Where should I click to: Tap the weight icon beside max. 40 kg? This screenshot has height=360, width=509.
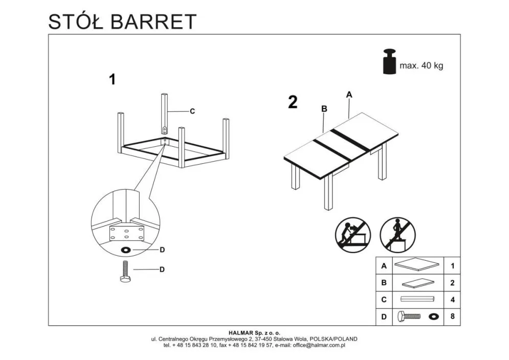coord(389,62)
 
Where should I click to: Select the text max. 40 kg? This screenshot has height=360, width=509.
coord(421,66)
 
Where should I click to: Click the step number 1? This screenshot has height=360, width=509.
coord(112,79)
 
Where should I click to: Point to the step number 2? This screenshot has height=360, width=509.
coord(293,102)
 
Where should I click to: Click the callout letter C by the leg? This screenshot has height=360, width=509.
coord(192,111)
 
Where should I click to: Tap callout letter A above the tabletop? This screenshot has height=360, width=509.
coord(349,94)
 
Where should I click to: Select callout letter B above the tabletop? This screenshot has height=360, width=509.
coord(324,108)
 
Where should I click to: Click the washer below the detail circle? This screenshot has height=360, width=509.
coord(124,250)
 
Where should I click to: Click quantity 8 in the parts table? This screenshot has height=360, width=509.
coord(452,317)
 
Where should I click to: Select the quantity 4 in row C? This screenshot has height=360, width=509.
coord(452,300)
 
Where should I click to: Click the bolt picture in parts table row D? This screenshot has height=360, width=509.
coord(407,317)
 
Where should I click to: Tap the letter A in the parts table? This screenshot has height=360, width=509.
coord(384,266)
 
